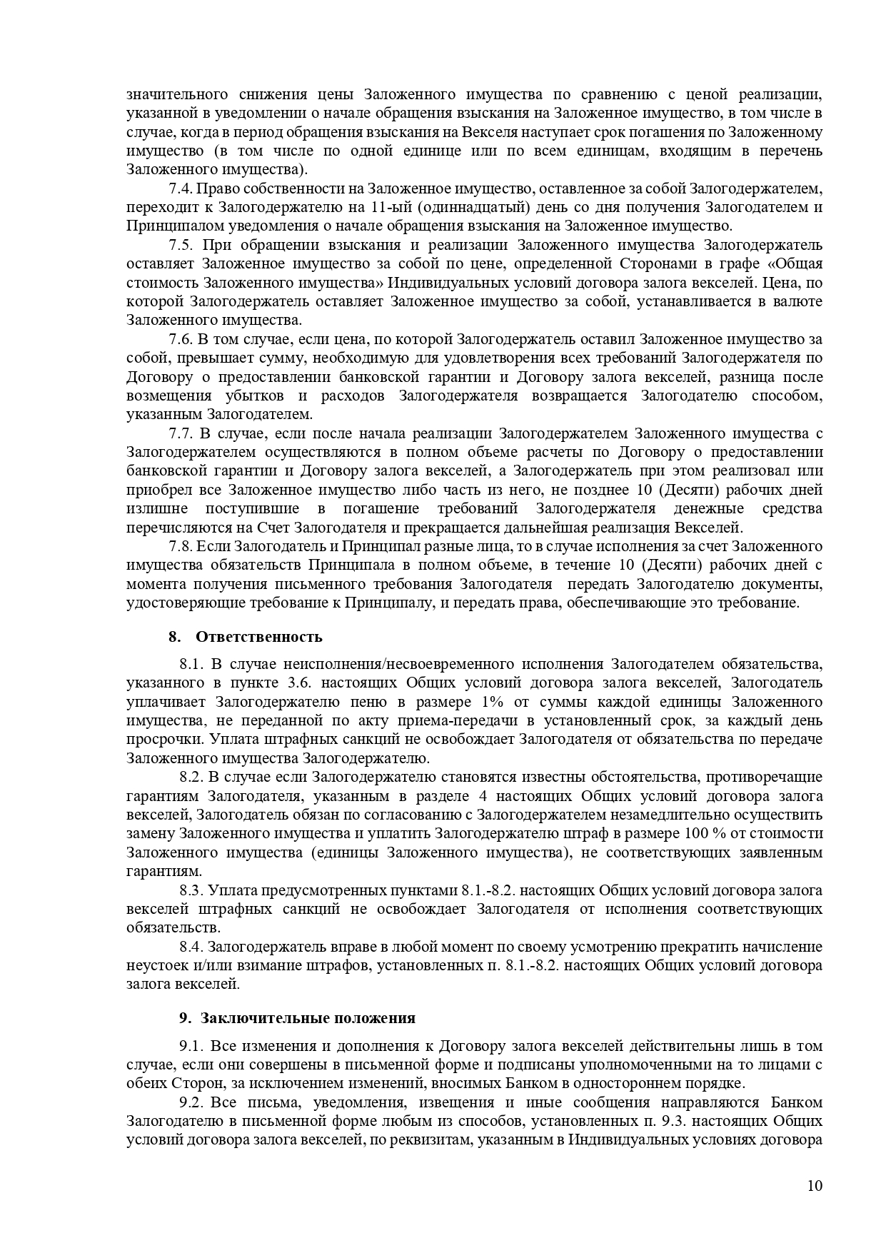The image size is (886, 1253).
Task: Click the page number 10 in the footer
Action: point(815,1186)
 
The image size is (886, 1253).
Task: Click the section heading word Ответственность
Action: point(259,637)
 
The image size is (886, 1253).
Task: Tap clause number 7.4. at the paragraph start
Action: point(181,188)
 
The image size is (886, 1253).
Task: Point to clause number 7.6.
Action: point(181,338)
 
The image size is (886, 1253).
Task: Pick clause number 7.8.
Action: point(181,546)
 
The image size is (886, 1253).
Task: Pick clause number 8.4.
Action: point(191,947)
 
